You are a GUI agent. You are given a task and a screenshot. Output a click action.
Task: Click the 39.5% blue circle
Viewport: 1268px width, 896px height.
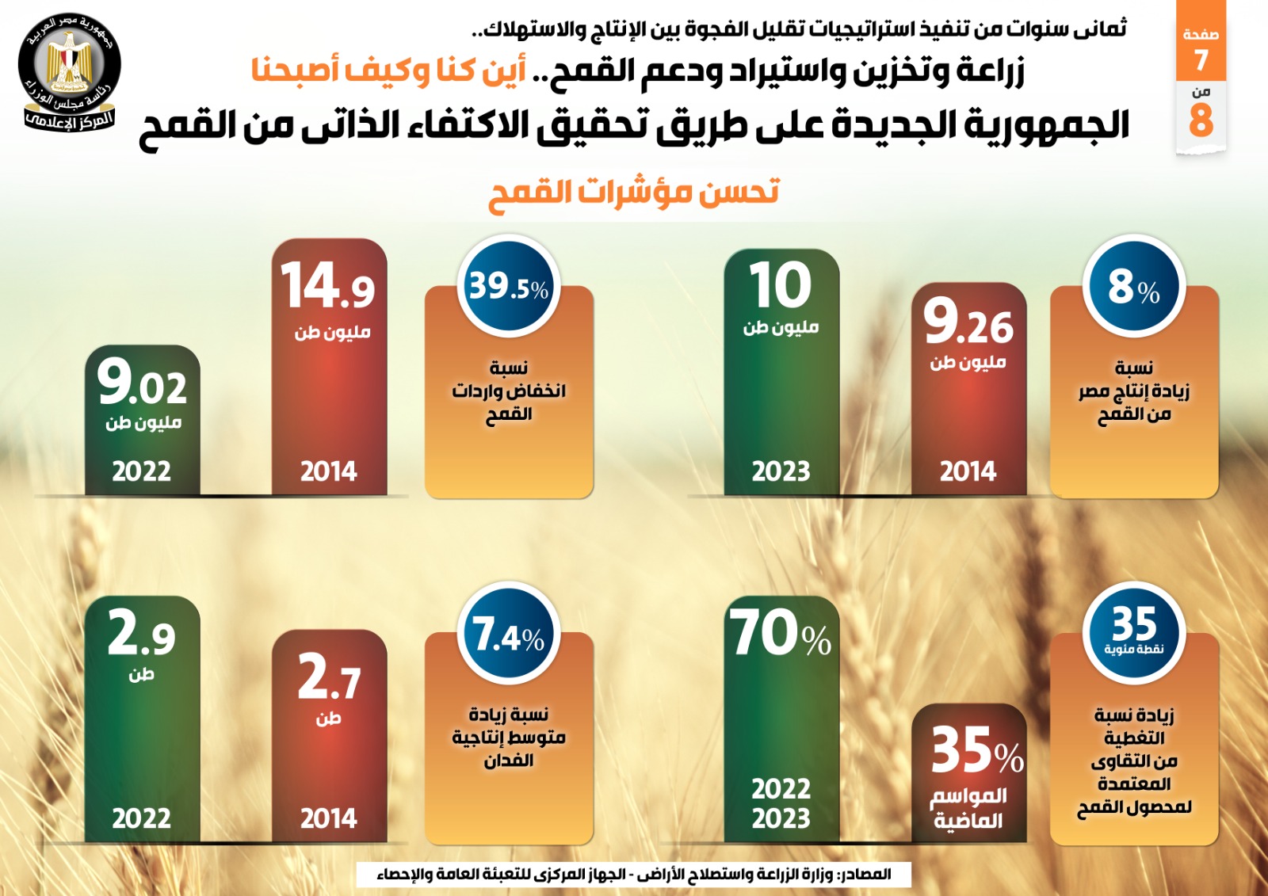pos(509,286)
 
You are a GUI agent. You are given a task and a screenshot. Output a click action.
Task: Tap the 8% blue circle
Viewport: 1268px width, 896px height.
pos(1134,286)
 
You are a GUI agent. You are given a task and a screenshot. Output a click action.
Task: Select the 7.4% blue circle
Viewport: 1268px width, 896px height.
pos(509,634)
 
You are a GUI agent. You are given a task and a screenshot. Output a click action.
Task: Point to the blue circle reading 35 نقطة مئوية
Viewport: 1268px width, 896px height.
pos(1134,631)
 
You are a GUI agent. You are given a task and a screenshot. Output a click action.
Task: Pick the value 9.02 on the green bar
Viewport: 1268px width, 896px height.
pos(143,383)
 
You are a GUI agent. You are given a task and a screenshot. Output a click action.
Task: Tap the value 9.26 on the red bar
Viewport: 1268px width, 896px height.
pos(968,323)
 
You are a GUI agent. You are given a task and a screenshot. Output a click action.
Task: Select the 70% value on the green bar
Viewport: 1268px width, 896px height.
pos(781,633)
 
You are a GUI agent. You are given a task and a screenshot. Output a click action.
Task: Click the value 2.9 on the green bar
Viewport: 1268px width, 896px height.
pos(142,634)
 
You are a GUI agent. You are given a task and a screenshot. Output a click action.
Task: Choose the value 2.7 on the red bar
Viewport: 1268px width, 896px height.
pos(329,678)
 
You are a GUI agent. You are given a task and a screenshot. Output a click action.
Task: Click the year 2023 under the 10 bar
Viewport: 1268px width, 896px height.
pos(781,471)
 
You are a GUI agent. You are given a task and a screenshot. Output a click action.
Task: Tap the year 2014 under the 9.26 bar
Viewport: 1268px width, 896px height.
pos(968,471)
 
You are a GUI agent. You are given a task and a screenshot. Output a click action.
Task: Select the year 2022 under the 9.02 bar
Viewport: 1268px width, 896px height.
pos(142,471)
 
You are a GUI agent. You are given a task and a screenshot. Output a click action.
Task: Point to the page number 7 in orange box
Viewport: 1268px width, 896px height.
pos(1201,59)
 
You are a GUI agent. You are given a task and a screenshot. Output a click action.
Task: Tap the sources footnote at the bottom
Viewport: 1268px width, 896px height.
pos(634,875)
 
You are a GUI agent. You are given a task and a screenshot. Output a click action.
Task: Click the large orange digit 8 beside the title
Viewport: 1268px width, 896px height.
pos(1201,120)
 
